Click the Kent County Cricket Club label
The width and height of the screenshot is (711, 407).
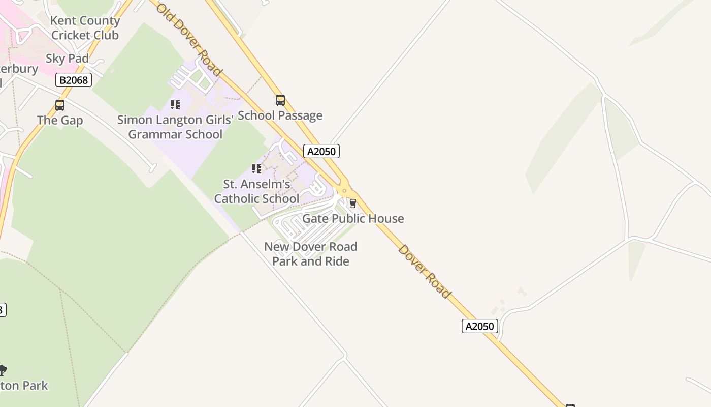[85, 28]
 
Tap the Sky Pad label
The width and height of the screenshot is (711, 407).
[67, 59]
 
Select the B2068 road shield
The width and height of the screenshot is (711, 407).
[74, 80]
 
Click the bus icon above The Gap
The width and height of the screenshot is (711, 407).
[60, 105]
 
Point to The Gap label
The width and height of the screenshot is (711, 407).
[60, 121]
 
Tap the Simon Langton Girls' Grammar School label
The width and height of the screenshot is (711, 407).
[175, 127]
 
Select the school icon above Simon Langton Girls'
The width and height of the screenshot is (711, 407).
[175, 105]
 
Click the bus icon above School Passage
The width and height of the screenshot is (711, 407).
[280, 100]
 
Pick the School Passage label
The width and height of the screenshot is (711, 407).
[280, 115]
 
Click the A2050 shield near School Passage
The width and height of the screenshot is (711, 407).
[321, 151]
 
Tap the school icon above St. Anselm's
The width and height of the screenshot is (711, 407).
[256, 168]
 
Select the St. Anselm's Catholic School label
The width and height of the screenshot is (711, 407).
[256, 191]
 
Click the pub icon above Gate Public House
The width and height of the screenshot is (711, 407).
[353, 203]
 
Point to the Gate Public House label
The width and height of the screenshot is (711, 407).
[353, 219]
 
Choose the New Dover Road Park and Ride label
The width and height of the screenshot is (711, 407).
[311, 254]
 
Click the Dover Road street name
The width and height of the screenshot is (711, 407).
[425, 271]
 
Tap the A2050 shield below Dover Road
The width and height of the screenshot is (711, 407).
[480, 326]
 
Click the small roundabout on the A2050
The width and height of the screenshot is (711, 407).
[345, 191]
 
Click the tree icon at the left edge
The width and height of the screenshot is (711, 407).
[3, 370]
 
